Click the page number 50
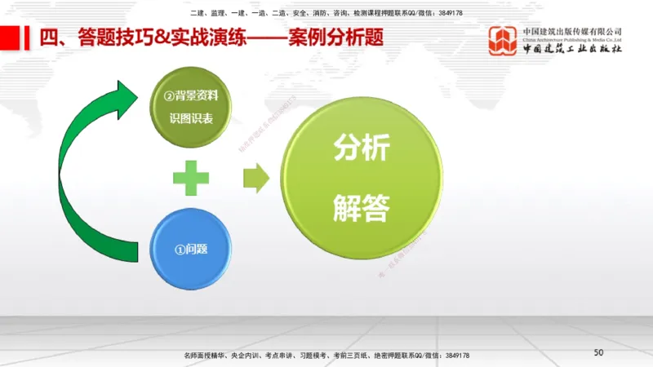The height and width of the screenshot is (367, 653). click(x=598, y=352)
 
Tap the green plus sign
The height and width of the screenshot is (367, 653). click(x=190, y=178)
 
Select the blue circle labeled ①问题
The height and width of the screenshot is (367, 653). click(x=191, y=248)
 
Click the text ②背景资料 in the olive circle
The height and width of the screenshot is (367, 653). click(x=191, y=96)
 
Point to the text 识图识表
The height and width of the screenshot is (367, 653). click(x=191, y=118)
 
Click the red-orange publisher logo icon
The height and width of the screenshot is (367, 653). click(x=503, y=42)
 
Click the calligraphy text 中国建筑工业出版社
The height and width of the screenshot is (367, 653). click(x=572, y=50)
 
